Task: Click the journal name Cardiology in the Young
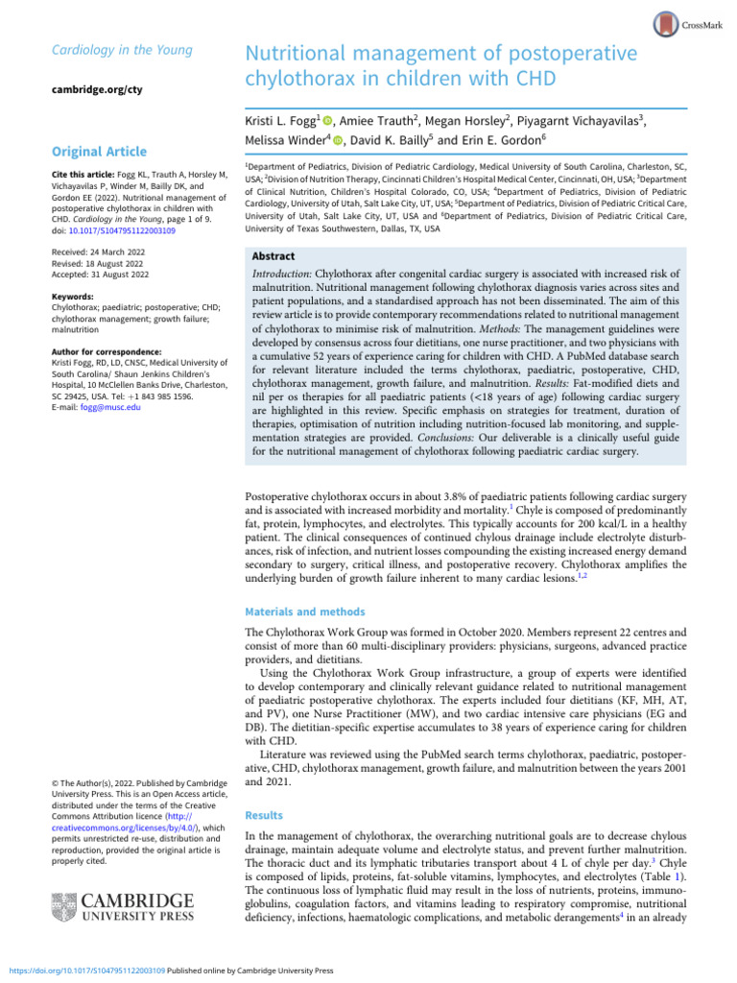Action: pyautogui.click(x=107, y=50)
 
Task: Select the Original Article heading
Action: pyautogui.click(x=100, y=152)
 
